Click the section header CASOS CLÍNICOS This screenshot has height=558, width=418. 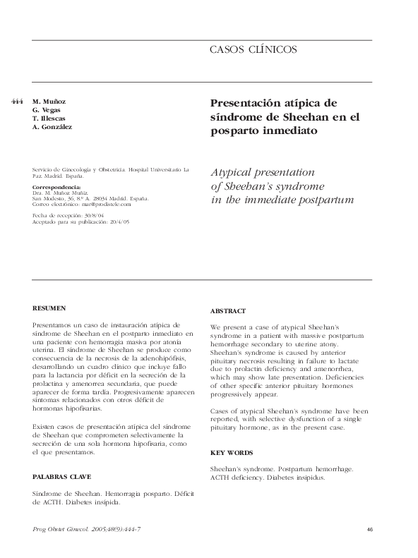pos(253,49)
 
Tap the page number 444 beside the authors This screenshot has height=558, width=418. pos(18,102)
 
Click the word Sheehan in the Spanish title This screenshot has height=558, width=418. pos(297,116)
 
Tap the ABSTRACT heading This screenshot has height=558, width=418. pos(228,311)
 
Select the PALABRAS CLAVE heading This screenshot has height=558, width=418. pos(63,477)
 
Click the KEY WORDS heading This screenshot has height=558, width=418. pos(232,452)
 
